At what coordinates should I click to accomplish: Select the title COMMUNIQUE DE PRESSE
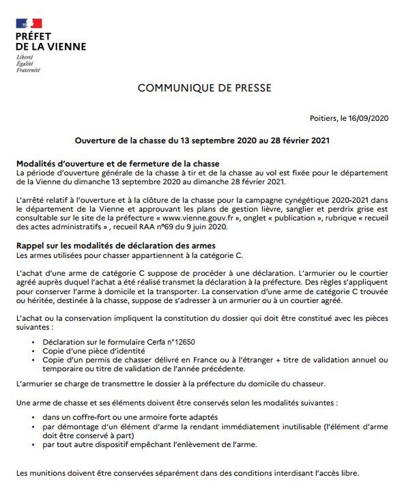204,88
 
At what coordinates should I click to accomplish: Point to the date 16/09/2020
368,118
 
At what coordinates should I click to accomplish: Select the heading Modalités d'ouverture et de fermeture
117,164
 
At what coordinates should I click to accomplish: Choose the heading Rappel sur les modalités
115,245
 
